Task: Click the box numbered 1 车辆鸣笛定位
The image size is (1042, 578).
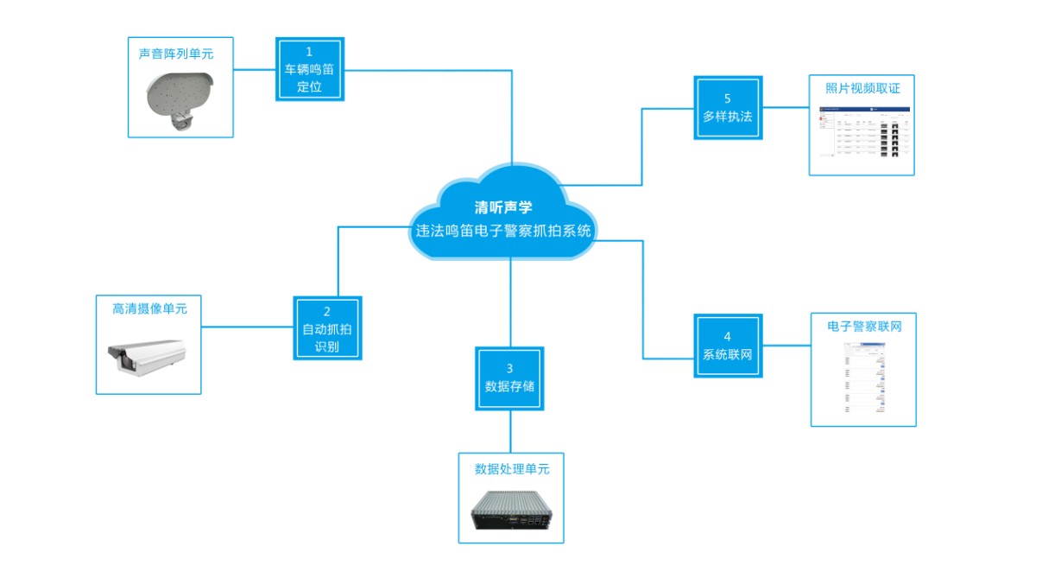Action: click(x=309, y=69)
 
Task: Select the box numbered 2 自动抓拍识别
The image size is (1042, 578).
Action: click(x=327, y=328)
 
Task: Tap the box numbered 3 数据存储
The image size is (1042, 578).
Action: click(x=509, y=378)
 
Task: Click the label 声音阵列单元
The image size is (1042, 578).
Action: click(x=176, y=54)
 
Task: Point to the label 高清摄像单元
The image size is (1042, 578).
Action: click(x=149, y=308)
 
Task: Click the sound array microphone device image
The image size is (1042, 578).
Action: click(x=179, y=98)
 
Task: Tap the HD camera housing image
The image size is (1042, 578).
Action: click(x=147, y=355)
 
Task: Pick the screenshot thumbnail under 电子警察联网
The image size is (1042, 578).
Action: click(x=863, y=378)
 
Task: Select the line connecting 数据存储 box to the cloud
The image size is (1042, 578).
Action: click(x=510, y=302)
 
